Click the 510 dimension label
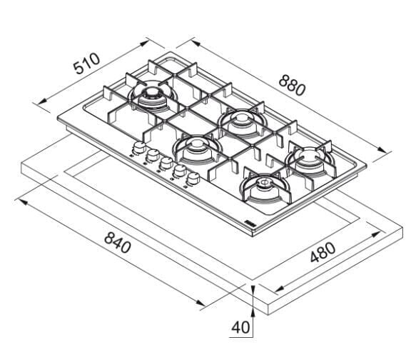(x=87, y=64)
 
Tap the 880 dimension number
(x=292, y=85)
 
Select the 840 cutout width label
(x=118, y=242)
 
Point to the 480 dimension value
(x=323, y=252)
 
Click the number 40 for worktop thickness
(x=240, y=327)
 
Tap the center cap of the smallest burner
(x=264, y=182)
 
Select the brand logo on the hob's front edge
(x=250, y=223)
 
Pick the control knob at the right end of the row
(x=193, y=179)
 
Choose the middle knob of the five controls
(x=166, y=163)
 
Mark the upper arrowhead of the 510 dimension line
(x=144, y=43)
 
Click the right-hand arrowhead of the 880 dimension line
(x=382, y=150)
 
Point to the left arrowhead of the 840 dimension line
(x=23, y=201)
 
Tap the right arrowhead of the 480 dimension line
(x=377, y=235)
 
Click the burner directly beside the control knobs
(x=197, y=149)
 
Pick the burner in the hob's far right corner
(x=310, y=160)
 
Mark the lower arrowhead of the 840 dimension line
(x=201, y=303)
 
